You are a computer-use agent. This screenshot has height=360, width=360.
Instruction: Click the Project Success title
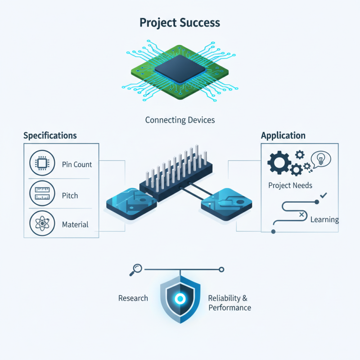pyautogui.click(x=180, y=22)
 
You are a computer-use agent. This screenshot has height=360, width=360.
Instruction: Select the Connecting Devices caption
pyautogui.click(x=180, y=120)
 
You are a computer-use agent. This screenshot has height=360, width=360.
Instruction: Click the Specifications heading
pyautogui.click(x=50, y=135)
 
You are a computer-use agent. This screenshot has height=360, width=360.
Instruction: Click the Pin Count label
pyautogui.click(x=77, y=165)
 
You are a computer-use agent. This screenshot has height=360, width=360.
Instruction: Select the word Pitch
pyautogui.click(x=70, y=196)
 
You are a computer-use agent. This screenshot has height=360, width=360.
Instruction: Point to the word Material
pyautogui.click(x=75, y=224)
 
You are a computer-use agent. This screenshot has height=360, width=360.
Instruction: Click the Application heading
pyautogui.click(x=283, y=135)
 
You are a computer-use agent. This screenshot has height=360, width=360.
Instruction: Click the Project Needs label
pyautogui.click(x=290, y=185)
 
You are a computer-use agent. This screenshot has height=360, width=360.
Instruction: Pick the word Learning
pyautogui.click(x=324, y=220)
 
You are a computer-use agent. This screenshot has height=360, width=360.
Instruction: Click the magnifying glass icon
pyautogui.click(x=136, y=270)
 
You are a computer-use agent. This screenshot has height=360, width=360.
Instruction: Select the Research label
pyautogui.click(x=133, y=298)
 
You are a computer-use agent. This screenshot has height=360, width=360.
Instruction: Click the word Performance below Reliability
pyautogui.click(x=229, y=308)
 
